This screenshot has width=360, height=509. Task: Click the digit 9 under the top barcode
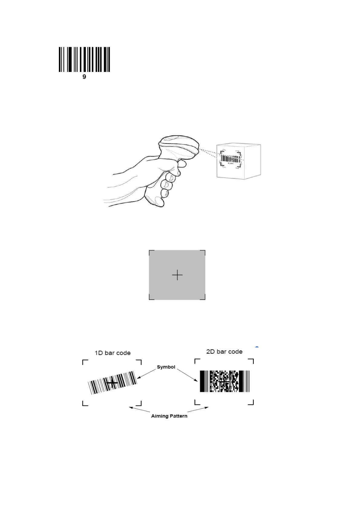(84, 77)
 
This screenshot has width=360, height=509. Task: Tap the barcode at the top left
(84, 59)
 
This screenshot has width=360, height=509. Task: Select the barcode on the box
(230, 159)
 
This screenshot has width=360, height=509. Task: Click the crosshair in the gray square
(177, 275)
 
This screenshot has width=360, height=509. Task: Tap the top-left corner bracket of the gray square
(151, 251)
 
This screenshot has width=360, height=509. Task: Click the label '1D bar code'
(113, 353)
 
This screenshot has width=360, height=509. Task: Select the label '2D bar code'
(224, 352)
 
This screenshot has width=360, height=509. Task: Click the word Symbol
(166, 367)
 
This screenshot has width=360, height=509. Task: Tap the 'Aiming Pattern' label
(169, 416)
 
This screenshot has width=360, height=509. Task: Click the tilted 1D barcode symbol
(112, 383)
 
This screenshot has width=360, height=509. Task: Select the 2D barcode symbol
(224, 381)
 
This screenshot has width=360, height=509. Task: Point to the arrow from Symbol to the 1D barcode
(147, 374)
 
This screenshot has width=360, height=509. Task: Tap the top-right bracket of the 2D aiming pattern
(251, 361)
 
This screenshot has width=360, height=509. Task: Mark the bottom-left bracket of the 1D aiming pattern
(85, 403)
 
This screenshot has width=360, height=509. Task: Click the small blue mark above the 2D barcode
(257, 347)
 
